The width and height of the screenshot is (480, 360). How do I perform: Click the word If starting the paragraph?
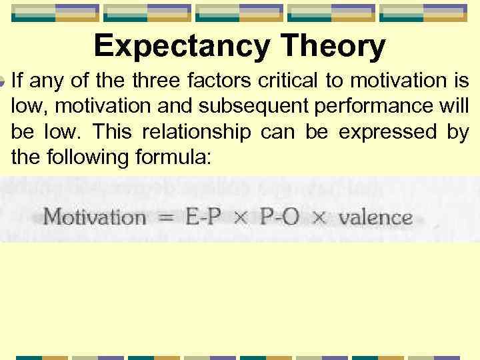(17, 82)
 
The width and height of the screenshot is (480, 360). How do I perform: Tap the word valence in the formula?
(375, 217)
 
